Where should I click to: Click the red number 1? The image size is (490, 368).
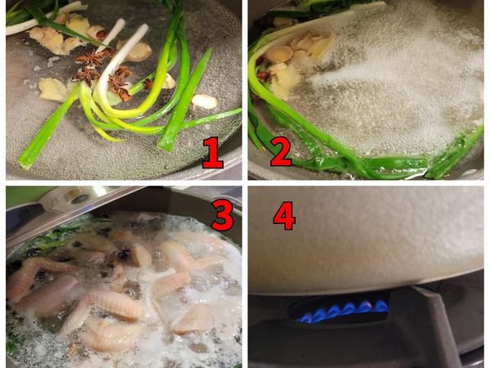212,153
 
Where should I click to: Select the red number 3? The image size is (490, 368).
221,213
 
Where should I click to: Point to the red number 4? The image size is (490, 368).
283,214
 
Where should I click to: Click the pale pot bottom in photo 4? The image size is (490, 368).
367,245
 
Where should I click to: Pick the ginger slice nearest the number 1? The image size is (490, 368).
204,101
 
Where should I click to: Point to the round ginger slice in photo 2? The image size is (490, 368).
280,54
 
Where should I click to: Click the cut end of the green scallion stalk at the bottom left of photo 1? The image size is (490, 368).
24,159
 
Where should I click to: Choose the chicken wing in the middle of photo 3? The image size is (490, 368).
122,307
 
